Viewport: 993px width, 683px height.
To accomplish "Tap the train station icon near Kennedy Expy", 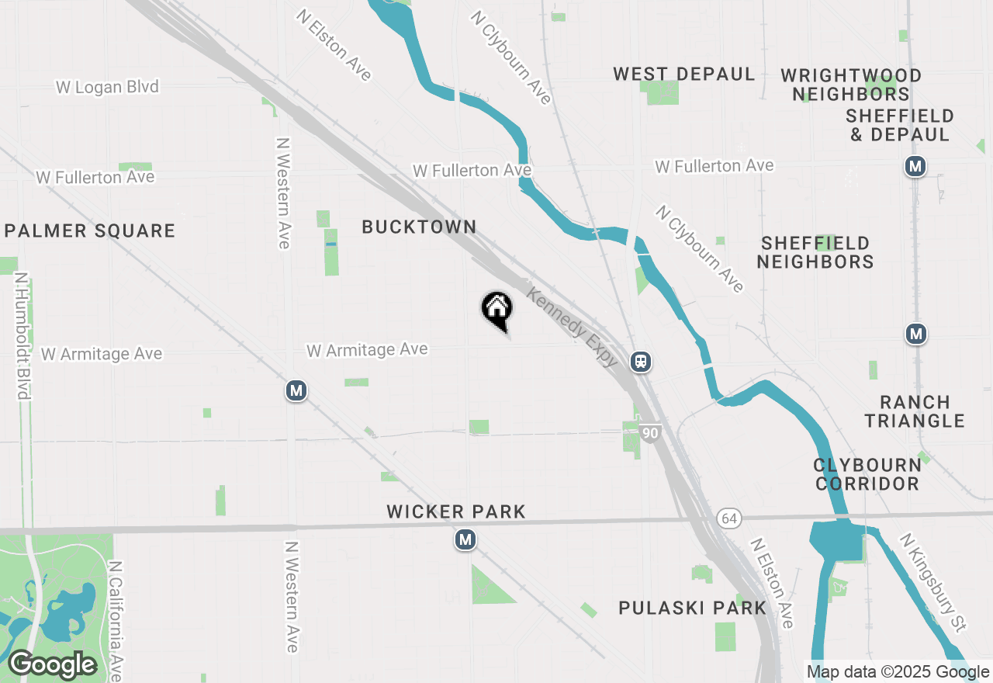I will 640,362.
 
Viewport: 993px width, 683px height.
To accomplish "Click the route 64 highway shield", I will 728,518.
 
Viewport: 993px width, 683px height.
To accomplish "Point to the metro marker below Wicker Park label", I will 465,539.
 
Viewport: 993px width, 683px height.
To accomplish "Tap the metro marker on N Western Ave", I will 295,390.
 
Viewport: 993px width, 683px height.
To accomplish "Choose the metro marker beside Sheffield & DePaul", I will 916,166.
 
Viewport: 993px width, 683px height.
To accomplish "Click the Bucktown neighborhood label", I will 419,227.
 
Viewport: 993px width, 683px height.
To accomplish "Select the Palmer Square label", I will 90,231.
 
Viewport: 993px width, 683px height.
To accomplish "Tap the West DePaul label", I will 683,75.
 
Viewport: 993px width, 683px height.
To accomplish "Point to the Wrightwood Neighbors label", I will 851,85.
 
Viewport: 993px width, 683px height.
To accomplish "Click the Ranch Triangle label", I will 915,411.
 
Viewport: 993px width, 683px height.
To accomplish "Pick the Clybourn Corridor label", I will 867,474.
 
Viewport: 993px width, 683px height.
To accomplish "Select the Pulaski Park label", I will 693,608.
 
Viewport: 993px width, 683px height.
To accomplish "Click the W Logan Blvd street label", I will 107,87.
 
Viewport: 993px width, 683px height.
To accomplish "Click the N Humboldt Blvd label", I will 22,335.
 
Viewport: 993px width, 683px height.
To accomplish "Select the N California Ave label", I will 116,621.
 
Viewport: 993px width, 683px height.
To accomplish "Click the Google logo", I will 52,664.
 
